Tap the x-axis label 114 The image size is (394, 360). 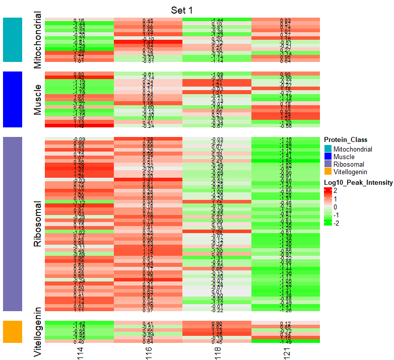click(79, 351)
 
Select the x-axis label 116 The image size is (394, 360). click(148, 351)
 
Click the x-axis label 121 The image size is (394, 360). click(285, 351)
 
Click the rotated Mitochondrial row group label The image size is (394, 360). click(38, 40)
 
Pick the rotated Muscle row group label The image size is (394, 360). click(38, 99)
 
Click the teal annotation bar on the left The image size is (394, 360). click(13, 40)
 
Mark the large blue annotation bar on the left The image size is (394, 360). click(13, 99)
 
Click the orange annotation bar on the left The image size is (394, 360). click(13, 332)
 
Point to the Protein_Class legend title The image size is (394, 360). click(345, 140)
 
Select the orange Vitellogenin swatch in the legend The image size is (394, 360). click(328, 172)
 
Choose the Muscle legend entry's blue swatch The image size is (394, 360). click(328, 157)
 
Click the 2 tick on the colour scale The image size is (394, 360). click(336, 191)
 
